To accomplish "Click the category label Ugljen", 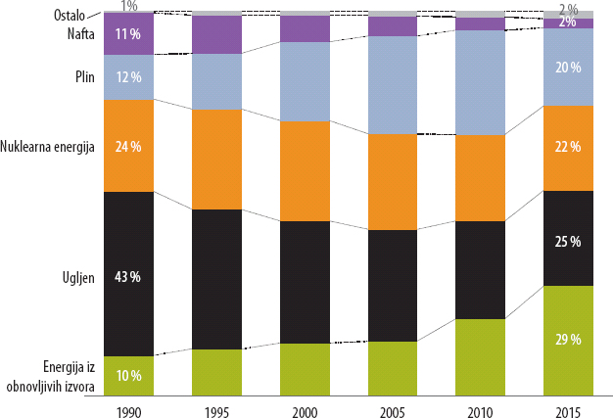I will tap(74, 276).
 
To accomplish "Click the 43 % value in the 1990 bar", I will tap(128, 276).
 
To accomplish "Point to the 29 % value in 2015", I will tap(569, 340).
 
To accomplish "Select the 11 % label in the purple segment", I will tap(128, 34).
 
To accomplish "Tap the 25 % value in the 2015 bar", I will tap(569, 240).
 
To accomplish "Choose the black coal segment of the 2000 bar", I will tap(305, 282).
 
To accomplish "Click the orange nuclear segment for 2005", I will tap(393, 182).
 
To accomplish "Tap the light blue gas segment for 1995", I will tap(216, 81).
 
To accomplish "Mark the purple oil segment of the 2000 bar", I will tap(305, 29).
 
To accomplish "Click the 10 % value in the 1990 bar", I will tap(128, 375).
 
